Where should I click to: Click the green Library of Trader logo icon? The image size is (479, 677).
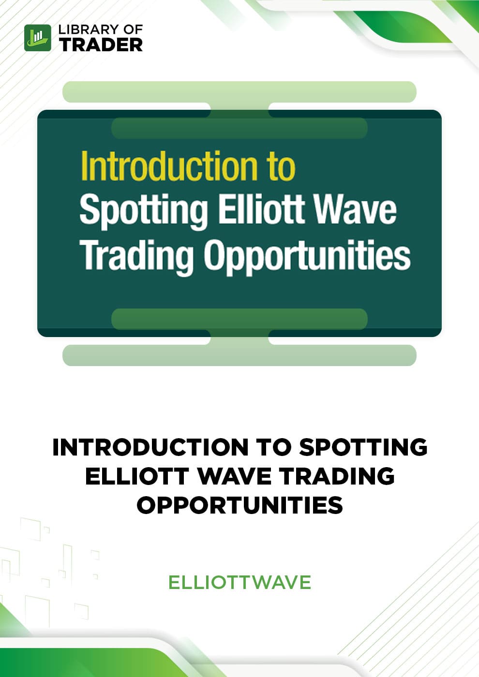(38, 38)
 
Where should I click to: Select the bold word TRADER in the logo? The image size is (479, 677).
(101, 44)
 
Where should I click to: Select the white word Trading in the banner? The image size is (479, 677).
(137, 257)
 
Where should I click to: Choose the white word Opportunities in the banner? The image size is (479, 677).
(307, 257)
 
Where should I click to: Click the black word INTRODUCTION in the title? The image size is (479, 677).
(150, 448)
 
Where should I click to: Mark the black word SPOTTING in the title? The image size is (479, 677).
(363, 448)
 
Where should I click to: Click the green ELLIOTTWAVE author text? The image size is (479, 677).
(239, 582)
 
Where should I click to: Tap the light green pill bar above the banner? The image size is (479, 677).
(239, 92)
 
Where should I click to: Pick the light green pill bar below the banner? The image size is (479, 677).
(239, 355)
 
